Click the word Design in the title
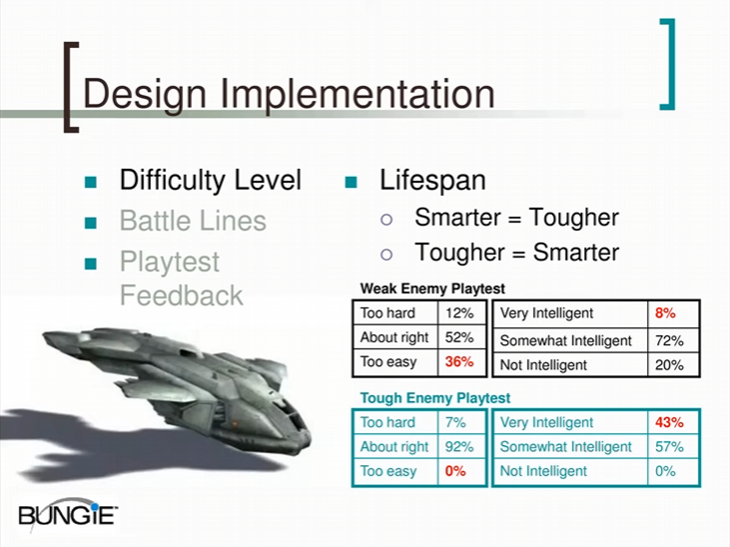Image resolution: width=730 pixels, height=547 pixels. [145, 96]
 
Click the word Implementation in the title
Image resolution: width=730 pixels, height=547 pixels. [358, 96]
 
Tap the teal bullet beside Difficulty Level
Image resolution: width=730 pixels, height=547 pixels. [91, 182]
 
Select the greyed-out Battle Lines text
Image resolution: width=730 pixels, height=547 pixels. [193, 221]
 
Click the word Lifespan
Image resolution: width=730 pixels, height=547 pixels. [432, 181]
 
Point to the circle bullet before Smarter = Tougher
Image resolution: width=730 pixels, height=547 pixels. [386, 220]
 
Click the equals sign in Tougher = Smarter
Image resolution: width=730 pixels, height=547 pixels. [518, 255]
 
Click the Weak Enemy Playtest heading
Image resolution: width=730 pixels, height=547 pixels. [432, 288]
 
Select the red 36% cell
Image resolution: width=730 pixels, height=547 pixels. [459, 361]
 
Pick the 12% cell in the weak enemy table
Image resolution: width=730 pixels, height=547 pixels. [459, 313]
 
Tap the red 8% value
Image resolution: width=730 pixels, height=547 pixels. [665, 313]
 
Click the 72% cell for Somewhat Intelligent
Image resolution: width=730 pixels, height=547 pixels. [669, 341]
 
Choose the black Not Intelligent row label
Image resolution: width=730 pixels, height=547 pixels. [543, 365]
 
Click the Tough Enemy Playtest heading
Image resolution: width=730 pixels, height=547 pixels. [435, 398]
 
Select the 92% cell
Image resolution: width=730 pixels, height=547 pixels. [459, 447]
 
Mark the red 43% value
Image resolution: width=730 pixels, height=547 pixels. [669, 422]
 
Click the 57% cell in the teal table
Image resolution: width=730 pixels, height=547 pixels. [669, 447]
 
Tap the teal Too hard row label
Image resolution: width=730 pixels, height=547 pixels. [387, 422]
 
